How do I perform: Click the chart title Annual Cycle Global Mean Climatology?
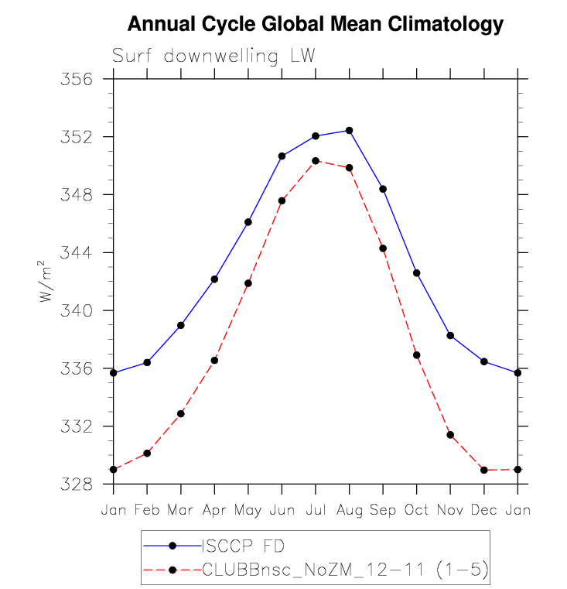coord(315,24)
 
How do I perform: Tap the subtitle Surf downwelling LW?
coord(213,57)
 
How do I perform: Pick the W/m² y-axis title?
coord(49,281)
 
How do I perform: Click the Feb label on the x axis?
coord(147,510)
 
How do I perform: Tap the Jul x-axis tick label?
coord(315,510)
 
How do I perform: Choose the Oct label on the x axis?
coord(416,510)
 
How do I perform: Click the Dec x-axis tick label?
coord(483,510)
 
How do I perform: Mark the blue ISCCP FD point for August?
coord(350,130)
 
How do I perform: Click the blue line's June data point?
coord(282,156)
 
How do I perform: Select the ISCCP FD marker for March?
coord(181,325)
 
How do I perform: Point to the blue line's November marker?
coord(450,335)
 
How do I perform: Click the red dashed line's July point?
coord(316,161)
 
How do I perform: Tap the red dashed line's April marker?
coord(214,361)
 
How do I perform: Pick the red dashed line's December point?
coord(483,470)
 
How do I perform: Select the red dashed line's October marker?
coord(417,355)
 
